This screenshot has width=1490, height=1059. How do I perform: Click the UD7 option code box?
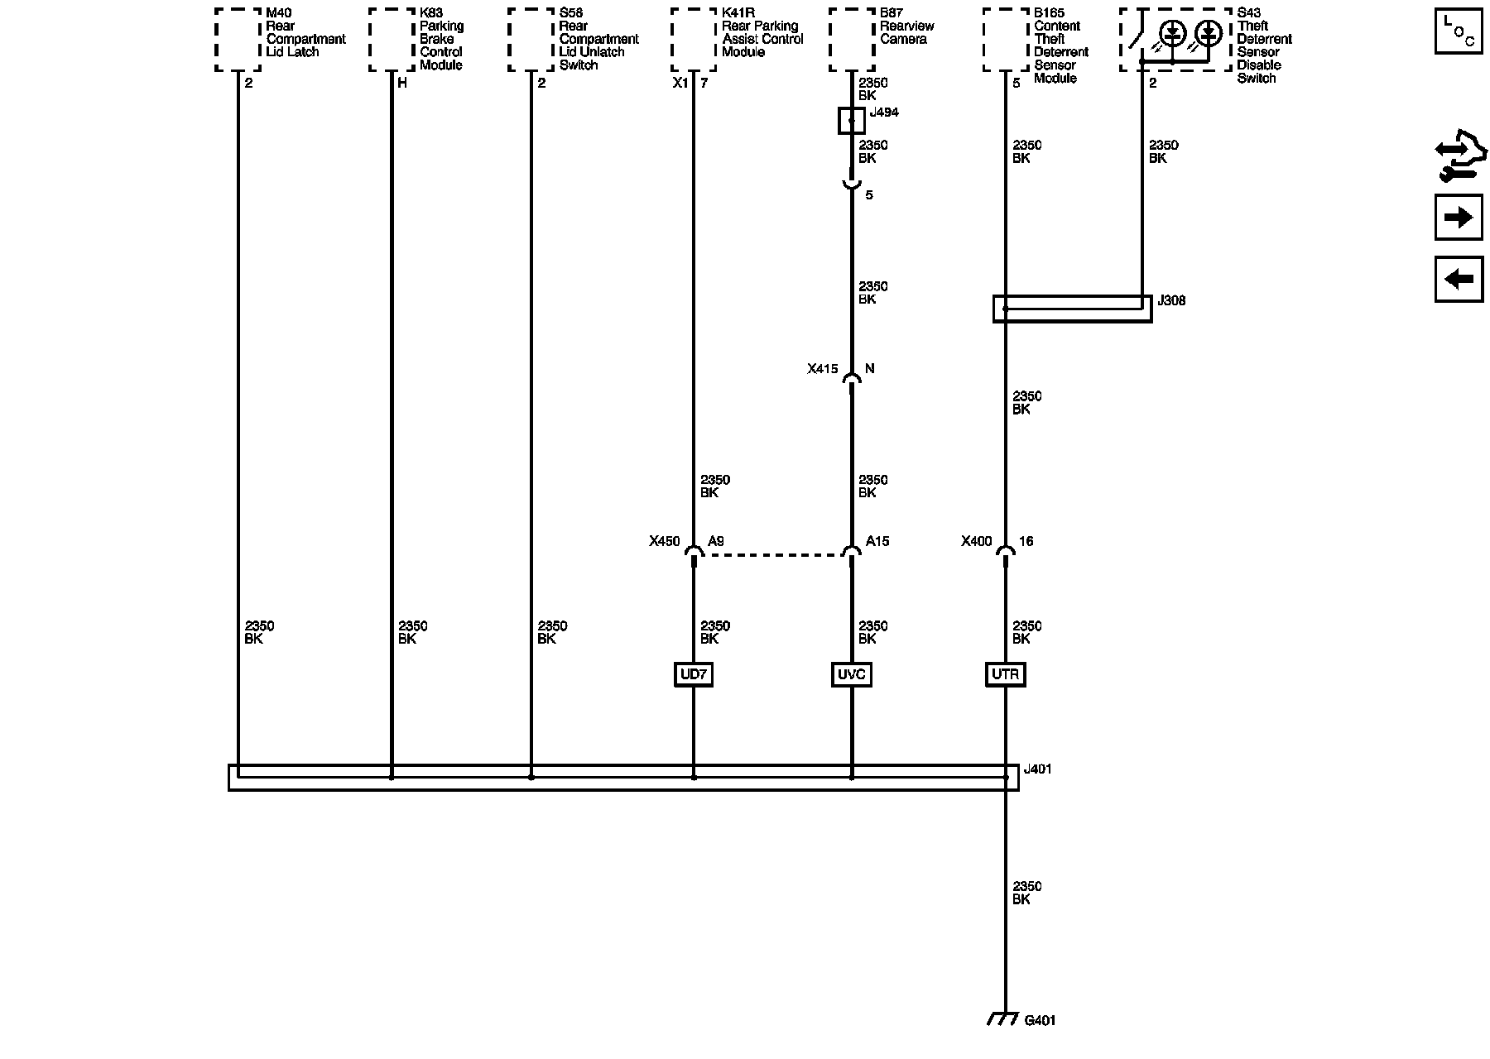693,675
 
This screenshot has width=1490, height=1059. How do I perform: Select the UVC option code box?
851,675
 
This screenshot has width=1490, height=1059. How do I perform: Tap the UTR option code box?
1005,675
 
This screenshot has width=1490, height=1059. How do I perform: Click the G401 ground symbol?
1003,1020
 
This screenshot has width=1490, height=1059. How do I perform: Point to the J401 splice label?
1038,769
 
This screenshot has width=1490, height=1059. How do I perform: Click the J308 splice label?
1171,300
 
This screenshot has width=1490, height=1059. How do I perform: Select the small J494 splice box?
851,121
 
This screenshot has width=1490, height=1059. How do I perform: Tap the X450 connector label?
664,542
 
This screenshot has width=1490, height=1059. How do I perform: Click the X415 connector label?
823,369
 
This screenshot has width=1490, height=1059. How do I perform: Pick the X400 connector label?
976,542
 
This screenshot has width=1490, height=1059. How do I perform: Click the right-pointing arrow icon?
1458,218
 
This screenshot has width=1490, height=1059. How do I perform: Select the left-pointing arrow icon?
1458,279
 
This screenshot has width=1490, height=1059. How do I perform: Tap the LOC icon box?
1458,31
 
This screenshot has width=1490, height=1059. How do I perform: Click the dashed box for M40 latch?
238,40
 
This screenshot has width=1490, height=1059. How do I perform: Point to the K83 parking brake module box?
392,40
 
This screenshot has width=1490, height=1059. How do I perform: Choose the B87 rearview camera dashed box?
852,40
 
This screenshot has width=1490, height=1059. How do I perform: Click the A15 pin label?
877,542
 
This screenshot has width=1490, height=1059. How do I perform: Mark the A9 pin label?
716,542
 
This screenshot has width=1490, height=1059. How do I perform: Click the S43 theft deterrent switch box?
1175,40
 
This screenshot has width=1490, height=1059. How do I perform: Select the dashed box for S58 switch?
531,40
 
